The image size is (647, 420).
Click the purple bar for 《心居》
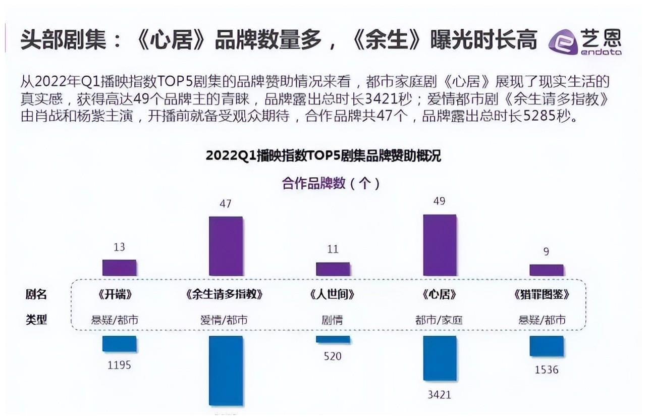pyautogui.click(x=440, y=245)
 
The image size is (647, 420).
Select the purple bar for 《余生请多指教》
pyautogui.click(x=226, y=246)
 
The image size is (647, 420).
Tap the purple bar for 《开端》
pyautogui.click(x=119, y=268)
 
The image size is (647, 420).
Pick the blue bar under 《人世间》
pyautogui.click(x=333, y=339)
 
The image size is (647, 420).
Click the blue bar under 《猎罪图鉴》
pyautogui.click(x=547, y=346)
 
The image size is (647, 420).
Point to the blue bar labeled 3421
pyautogui.click(x=440, y=358)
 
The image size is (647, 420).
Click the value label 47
pyautogui.click(x=226, y=204)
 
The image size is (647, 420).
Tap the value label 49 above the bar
pyautogui.click(x=439, y=201)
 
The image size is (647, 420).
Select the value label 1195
pyautogui.click(x=119, y=364)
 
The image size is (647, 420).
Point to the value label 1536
pyautogui.click(x=547, y=370)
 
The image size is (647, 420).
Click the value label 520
pyautogui.click(x=333, y=356)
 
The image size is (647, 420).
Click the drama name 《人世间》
pyautogui.click(x=332, y=295)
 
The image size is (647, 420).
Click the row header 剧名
pyautogui.click(x=36, y=295)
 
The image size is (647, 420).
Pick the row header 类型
pyautogui.click(x=36, y=320)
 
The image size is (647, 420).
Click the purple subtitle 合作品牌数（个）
pyautogui.click(x=331, y=183)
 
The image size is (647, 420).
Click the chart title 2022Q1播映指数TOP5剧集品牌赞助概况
pyautogui.click(x=323, y=156)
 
